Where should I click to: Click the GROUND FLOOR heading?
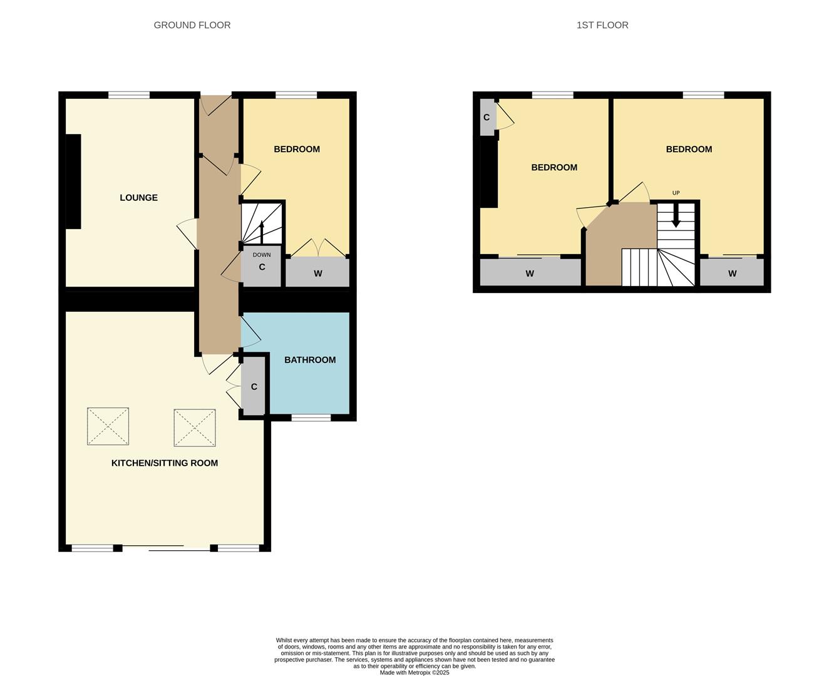(x=192, y=25)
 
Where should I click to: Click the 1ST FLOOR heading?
(x=602, y=25)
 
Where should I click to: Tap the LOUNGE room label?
(x=138, y=198)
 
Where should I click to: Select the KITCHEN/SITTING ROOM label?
(x=165, y=463)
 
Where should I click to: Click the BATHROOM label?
(x=310, y=360)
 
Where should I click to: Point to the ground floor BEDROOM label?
(x=297, y=149)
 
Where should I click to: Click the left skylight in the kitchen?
(x=108, y=426)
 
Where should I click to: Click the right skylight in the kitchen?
(x=195, y=428)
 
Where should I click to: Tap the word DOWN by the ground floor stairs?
(x=262, y=255)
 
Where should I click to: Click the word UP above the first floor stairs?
(x=676, y=193)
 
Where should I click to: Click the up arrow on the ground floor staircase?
(x=262, y=229)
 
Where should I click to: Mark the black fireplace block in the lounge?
(x=73, y=182)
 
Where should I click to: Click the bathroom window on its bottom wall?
(x=311, y=417)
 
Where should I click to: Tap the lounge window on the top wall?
(x=129, y=95)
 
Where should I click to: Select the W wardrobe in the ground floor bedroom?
(x=317, y=274)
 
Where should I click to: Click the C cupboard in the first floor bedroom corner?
(x=487, y=118)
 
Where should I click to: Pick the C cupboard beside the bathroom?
(x=254, y=387)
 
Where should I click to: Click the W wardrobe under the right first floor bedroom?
(x=732, y=274)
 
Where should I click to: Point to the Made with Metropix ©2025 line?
(x=414, y=673)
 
